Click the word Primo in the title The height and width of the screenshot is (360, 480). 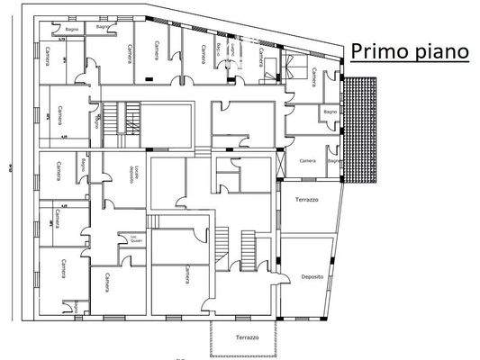pos(378,51)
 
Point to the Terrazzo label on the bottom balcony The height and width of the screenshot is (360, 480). pos(247,337)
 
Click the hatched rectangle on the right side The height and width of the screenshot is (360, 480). pos(366,127)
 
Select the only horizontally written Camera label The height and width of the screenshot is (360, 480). pos(307,160)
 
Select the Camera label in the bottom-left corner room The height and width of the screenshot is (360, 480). pos(64,270)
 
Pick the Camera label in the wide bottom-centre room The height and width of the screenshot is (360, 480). pos(186,274)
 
